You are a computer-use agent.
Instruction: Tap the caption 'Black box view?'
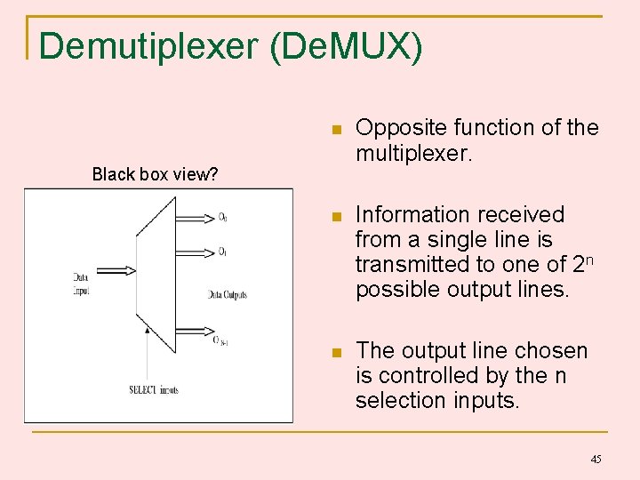point(156,174)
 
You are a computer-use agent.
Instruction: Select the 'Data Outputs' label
point(228,294)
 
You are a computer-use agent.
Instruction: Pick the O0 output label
point(222,218)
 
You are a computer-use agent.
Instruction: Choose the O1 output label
point(222,252)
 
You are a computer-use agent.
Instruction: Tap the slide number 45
point(596,459)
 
